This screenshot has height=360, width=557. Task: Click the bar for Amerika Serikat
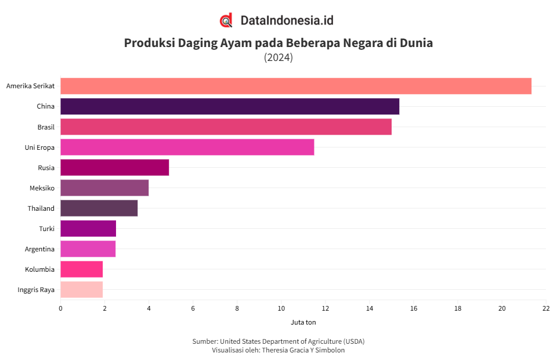point(296,86)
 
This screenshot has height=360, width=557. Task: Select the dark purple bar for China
point(230,106)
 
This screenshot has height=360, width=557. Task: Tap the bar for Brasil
point(226,127)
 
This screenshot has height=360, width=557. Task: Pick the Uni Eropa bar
point(187,147)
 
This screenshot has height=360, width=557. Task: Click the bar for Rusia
point(114,167)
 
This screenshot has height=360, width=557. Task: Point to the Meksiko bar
point(104,188)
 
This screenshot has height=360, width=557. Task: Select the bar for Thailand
point(99,208)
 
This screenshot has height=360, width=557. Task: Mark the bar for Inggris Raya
point(81,290)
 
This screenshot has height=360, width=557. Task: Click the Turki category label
point(46,229)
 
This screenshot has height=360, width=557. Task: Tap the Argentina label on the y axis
point(39,249)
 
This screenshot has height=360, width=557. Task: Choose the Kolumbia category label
point(39,269)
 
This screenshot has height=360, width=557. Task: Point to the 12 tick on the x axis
point(325,308)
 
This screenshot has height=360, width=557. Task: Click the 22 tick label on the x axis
point(546,308)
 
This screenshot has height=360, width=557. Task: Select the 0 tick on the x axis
point(60,308)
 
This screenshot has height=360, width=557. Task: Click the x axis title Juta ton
point(303,322)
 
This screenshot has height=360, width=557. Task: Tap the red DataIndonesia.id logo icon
point(226,20)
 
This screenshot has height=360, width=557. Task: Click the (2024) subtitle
point(278,57)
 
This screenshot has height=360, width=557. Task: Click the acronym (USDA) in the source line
point(353,341)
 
